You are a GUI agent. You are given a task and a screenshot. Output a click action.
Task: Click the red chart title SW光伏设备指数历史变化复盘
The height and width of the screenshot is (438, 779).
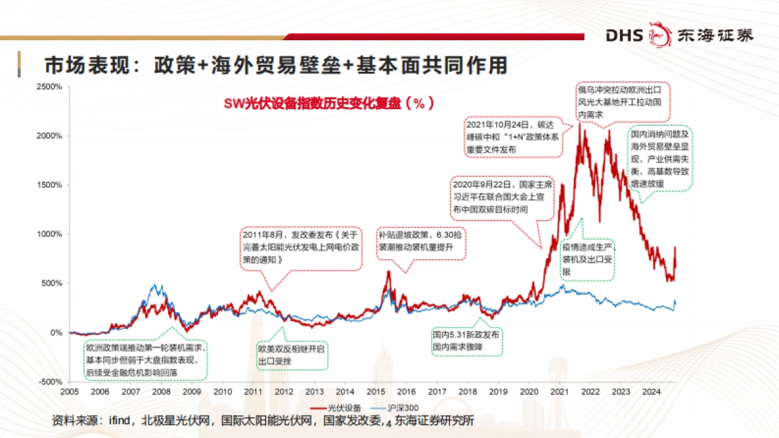point(328,103)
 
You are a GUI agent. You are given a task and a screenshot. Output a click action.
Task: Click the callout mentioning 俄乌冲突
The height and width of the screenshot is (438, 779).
point(623,101)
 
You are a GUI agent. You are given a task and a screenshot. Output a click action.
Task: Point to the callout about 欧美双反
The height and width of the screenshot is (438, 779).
point(292,354)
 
